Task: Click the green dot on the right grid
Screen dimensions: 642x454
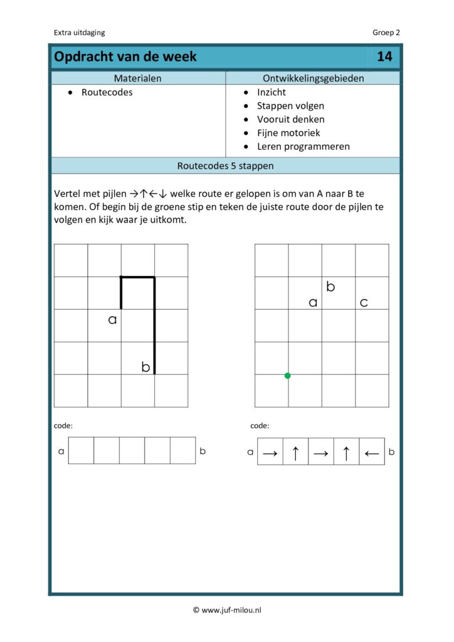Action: click(287, 376)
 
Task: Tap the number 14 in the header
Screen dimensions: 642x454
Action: click(384, 57)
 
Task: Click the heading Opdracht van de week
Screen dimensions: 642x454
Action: click(125, 57)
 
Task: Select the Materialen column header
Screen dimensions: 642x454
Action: click(137, 78)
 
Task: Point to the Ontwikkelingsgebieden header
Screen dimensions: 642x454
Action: click(312, 78)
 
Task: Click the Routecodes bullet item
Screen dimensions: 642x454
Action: click(107, 92)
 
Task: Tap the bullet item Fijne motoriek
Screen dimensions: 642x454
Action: click(288, 133)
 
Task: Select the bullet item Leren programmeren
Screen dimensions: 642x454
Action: click(303, 147)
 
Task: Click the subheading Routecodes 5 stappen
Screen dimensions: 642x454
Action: click(225, 166)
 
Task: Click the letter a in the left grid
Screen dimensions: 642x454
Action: click(113, 320)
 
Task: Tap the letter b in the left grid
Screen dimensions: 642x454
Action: click(145, 367)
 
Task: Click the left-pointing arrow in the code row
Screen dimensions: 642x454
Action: click(371, 452)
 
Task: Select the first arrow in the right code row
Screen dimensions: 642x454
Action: click(270, 452)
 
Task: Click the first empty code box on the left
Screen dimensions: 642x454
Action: click(81, 451)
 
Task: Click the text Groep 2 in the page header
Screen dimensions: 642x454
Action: click(386, 33)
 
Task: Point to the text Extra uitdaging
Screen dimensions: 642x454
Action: click(80, 33)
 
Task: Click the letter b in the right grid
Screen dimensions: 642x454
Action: click(330, 287)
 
